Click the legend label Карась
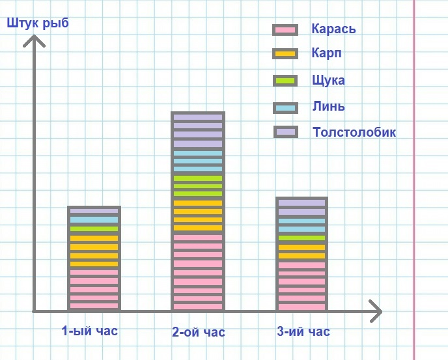click(x=333, y=29)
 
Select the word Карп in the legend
click(x=326, y=53)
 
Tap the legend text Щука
click(x=328, y=80)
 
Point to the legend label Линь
click(x=328, y=106)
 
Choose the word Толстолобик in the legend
click(x=354, y=132)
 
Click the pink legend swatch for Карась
click(x=286, y=30)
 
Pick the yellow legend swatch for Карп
click(x=286, y=53)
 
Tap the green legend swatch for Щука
click(x=286, y=81)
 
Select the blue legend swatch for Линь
click(x=286, y=107)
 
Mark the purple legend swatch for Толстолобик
click(x=286, y=132)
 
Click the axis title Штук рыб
click(x=38, y=24)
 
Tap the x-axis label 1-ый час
click(x=90, y=331)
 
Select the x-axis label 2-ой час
click(x=199, y=333)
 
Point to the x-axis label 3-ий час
click(x=303, y=332)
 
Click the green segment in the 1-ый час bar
click(x=94, y=229)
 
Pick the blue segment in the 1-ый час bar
click(x=94, y=220)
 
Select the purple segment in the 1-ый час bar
click(x=94, y=212)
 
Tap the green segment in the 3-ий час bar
click(x=301, y=238)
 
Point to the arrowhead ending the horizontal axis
click(x=376, y=311)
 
